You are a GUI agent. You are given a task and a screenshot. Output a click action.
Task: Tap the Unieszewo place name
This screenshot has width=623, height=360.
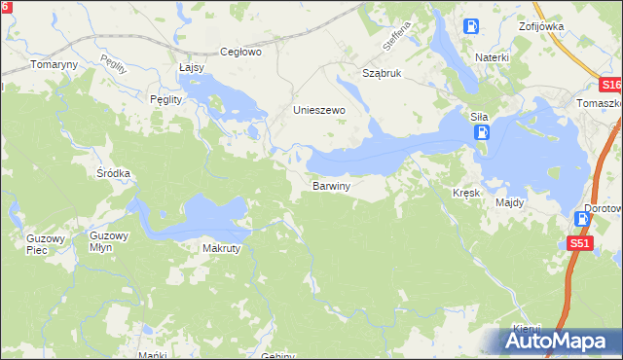(x=320, y=111)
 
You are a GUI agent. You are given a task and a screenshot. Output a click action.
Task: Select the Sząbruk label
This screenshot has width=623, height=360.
(x=382, y=73)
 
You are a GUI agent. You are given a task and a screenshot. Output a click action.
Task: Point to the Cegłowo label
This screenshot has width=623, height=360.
(x=241, y=53)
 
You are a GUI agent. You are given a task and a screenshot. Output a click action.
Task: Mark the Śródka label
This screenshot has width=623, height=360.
(x=113, y=173)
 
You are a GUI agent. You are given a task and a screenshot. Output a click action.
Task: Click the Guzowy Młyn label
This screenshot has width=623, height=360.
(x=108, y=241)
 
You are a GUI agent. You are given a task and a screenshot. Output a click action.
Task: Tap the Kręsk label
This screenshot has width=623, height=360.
(x=466, y=193)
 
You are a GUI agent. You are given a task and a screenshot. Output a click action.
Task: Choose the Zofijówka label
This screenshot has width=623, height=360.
(x=542, y=26)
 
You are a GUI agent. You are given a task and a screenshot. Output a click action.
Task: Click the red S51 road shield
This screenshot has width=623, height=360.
(x=580, y=243)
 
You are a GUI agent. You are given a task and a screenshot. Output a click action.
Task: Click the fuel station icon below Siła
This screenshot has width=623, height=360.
(x=484, y=132)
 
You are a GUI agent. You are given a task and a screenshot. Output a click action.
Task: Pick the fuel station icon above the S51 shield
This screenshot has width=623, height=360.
(x=582, y=220)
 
